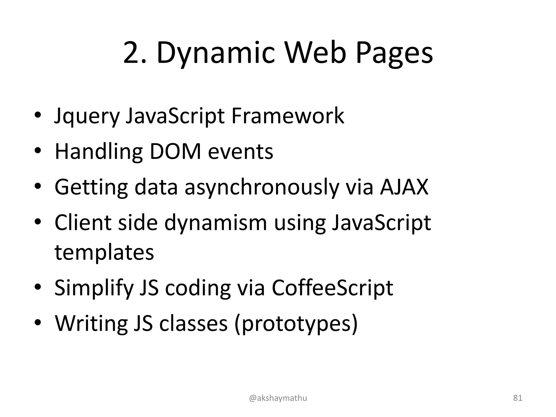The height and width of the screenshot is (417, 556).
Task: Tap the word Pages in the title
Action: click(394, 53)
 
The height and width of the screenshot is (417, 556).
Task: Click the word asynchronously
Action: click(262, 187)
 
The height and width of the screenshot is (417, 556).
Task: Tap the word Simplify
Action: click(94, 288)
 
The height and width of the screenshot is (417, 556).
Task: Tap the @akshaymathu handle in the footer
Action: click(278, 398)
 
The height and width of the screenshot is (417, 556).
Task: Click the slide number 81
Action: click(518, 398)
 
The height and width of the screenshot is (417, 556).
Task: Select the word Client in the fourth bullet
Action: click(83, 223)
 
